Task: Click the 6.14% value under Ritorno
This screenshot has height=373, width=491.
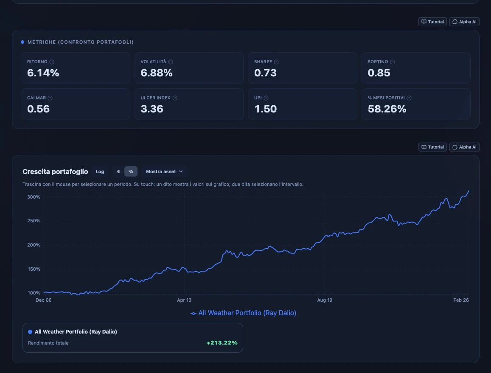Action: click(x=43, y=73)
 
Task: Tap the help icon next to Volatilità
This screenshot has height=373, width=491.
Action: click(x=171, y=62)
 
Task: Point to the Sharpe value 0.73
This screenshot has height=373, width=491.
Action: click(x=265, y=73)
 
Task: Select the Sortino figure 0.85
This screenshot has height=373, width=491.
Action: click(x=379, y=73)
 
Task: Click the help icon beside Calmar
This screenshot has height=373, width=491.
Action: click(x=51, y=98)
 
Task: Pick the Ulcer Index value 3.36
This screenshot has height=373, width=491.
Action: click(x=152, y=109)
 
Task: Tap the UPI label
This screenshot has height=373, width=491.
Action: click(x=258, y=98)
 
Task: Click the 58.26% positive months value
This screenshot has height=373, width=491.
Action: click(x=387, y=109)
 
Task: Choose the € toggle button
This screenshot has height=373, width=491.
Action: click(x=118, y=171)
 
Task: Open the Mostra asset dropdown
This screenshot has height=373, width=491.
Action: click(x=164, y=171)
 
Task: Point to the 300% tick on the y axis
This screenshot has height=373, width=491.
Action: click(x=34, y=197)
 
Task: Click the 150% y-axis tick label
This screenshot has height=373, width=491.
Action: click(x=34, y=269)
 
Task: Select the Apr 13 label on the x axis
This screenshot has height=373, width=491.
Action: click(x=184, y=300)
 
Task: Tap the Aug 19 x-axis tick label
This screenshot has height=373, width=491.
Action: click(x=324, y=300)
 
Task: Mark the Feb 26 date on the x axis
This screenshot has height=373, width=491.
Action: click(x=460, y=300)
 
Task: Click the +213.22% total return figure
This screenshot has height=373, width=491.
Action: click(x=222, y=343)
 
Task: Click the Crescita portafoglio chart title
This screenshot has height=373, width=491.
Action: click(x=55, y=171)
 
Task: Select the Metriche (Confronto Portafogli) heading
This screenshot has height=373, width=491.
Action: click(x=81, y=42)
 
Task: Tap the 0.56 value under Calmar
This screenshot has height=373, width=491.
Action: click(x=38, y=109)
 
